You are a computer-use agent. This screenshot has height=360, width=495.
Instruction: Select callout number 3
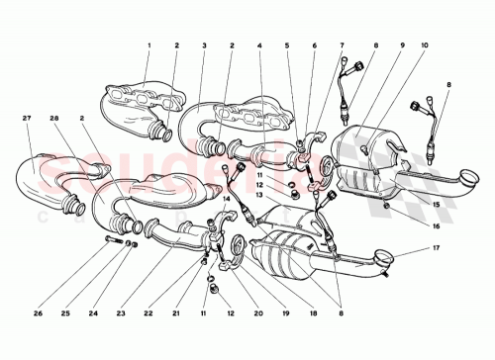point(204,46)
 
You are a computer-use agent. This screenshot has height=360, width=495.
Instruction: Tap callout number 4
point(259,46)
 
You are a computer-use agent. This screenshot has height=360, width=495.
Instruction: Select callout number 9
point(374,46)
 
